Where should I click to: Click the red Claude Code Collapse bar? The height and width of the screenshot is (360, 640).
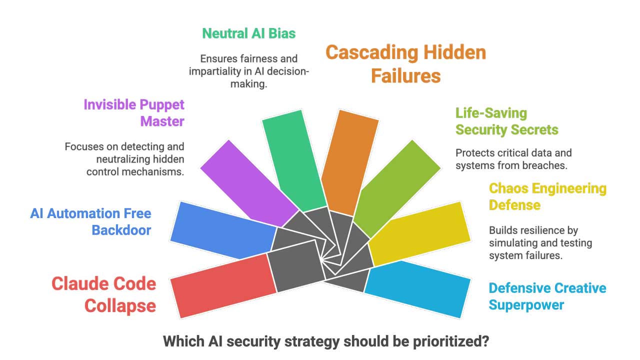point(222,285)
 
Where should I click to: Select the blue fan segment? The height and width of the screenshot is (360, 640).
point(222,230)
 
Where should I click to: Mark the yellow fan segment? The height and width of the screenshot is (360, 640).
point(420,232)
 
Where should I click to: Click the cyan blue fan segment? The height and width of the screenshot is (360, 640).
point(417,287)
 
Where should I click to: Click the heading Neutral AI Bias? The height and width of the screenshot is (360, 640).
point(248,33)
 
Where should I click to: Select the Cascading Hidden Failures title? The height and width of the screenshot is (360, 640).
point(405,64)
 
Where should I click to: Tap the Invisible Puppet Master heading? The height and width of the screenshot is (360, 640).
point(134,113)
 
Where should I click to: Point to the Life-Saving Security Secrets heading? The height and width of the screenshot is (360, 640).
point(506,121)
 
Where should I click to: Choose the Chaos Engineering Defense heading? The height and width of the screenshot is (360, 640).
point(547,196)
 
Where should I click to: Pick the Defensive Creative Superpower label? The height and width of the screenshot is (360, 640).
point(547,296)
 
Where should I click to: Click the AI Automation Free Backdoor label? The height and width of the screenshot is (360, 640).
point(90,222)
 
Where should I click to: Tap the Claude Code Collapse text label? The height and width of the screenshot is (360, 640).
point(104,294)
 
